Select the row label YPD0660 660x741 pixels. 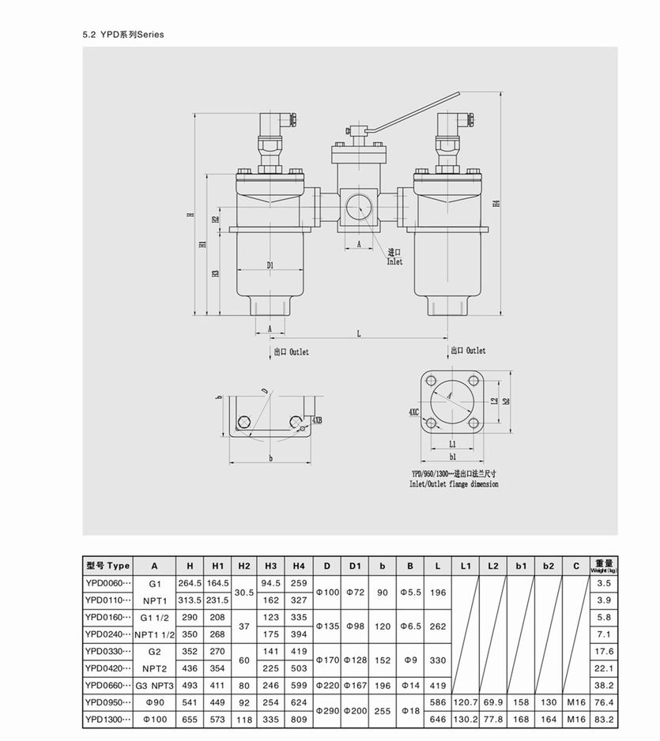107,686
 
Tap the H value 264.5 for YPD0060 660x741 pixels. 190,583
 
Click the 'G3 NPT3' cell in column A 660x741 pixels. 154,686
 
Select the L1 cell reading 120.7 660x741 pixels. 466,702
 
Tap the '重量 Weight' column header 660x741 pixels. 604,566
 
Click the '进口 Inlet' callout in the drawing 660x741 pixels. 394,257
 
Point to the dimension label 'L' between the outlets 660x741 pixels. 358,333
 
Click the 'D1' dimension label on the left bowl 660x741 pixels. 270,265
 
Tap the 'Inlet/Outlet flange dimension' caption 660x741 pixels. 454,483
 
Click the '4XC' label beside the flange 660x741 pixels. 413,412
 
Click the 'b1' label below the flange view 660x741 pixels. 453,457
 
